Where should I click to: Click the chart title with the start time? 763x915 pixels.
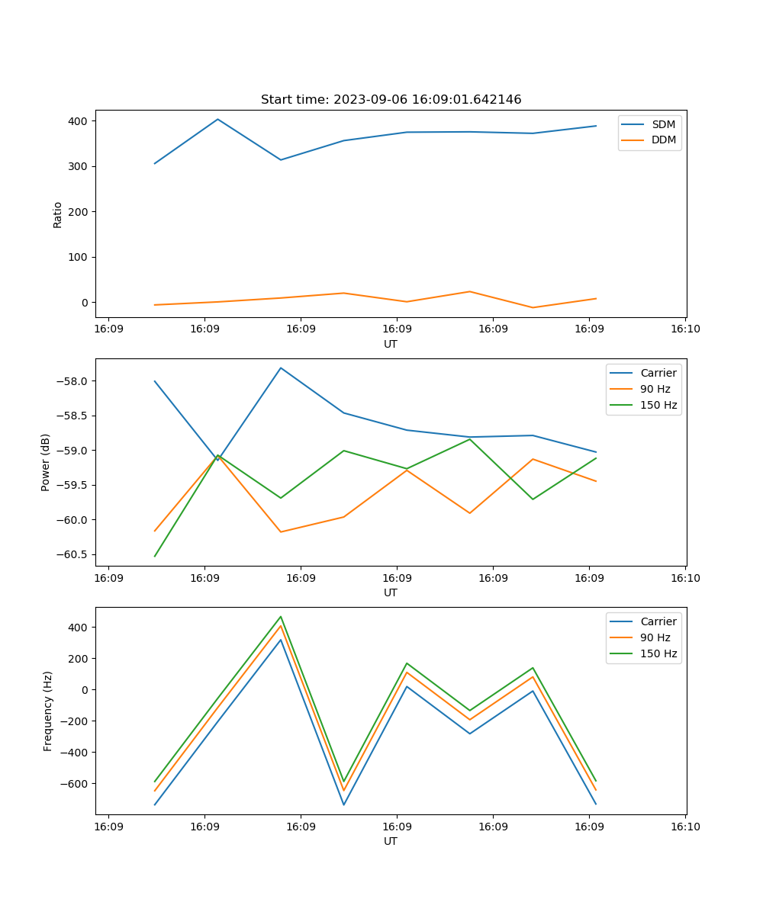(x=391, y=100)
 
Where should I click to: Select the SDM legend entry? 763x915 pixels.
(x=663, y=124)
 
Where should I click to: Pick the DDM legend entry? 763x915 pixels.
(x=663, y=140)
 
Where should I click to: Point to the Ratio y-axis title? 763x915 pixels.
(x=58, y=214)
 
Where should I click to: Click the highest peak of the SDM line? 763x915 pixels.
(x=217, y=119)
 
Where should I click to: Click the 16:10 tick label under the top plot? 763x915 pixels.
(x=684, y=329)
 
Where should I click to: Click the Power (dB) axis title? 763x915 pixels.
(x=46, y=462)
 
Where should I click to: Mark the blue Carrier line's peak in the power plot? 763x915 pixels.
(x=281, y=368)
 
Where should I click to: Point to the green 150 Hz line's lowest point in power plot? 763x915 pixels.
(x=155, y=556)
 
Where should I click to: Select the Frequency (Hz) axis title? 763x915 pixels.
(x=48, y=711)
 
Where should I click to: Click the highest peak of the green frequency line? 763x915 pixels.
(x=281, y=616)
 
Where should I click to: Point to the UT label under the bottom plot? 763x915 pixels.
(x=391, y=841)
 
